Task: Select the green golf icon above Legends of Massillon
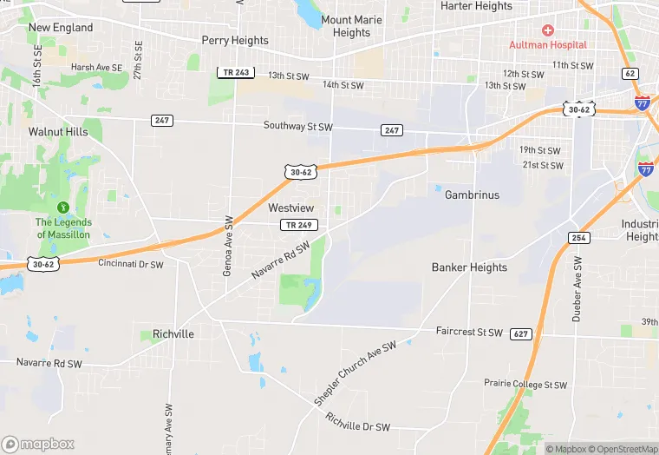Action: pos(62,208)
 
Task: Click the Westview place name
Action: pos(290,208)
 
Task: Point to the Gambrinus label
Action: pos(472,195)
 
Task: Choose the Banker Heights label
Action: pos(469,267)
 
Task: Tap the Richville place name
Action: pos(173,334)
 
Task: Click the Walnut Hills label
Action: pos(58,132)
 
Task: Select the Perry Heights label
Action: pos(235,40)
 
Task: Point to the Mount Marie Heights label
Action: pos(351,26)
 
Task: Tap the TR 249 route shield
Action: pos(298,226)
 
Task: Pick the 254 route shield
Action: pos(579,238)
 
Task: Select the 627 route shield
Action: pos(520,333)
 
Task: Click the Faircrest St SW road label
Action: pos(468,333)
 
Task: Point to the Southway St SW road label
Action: pos(298,127)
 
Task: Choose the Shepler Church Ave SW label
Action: pos(356,371)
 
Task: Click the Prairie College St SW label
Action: pos(525,385)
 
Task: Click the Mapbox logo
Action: pos(39,444)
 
